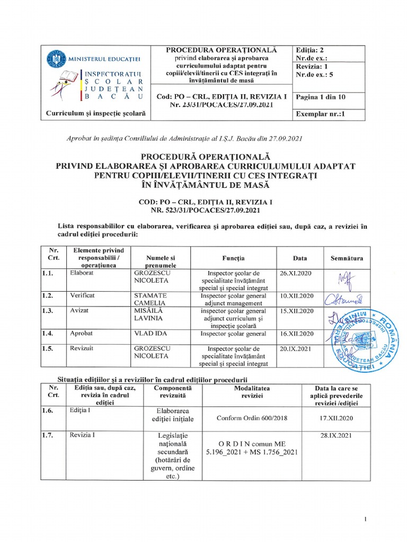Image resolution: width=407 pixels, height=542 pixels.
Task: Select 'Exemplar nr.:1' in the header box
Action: [x=320, y=113]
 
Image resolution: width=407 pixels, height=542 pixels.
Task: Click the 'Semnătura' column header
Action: [x=347, y=258]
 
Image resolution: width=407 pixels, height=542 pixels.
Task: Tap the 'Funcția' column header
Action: [x=233, y=258]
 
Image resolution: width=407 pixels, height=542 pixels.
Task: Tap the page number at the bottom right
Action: [x=366, y=521]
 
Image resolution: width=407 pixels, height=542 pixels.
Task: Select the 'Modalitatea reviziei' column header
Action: [x=252, y=392]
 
